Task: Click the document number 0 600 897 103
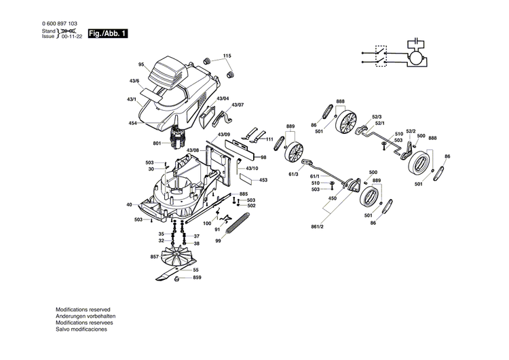tap(59, 24)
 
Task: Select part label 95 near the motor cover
tap(141, 65)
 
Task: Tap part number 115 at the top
tap(227, 55)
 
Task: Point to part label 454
tap(133, 123)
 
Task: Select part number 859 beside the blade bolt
tap(197, 278)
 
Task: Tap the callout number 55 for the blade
tap(195, 270)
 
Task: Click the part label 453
tap(263, 180)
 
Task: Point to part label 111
tap(269, 139)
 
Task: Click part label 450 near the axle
tap(332, 198)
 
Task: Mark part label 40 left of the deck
tap(129, 204)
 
